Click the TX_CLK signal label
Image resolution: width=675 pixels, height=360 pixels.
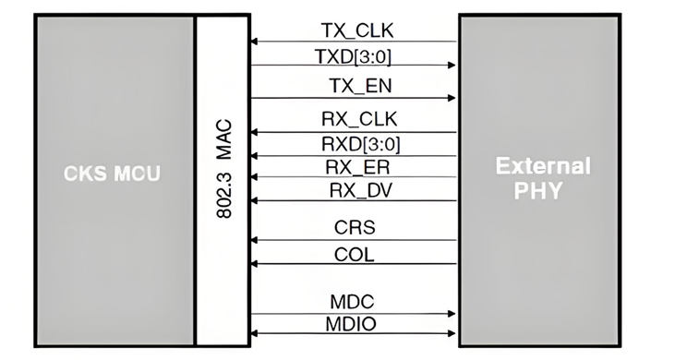click(x=353, y=30)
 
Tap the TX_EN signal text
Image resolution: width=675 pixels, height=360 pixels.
click(x=353, y=86)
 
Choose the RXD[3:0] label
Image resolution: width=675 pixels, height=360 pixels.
click(x=353, y=143)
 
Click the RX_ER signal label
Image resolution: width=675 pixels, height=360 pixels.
click(x=353, y=166)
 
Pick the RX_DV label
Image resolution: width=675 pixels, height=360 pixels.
click(x=353, y=190)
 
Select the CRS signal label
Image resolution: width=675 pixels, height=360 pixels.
click(x=353, y=228)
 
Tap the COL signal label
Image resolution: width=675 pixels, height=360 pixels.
click(x=353, y=253)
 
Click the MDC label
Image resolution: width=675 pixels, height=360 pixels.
click(x=353, y=302)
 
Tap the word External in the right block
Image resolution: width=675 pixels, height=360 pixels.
click(x=542, y=166)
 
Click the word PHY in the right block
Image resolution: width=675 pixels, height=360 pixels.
click(x=542, y=191)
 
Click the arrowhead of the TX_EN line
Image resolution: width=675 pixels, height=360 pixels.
click(x=452, y=98)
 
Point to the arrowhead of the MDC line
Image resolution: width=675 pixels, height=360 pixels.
click(x=452, y=313)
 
